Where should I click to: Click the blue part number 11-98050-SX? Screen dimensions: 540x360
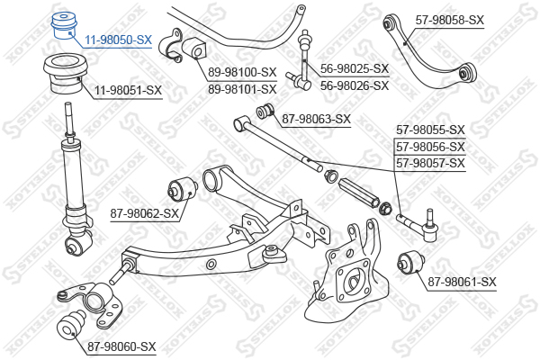(x=118, y=40)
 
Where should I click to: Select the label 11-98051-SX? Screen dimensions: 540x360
(x=128, y=90)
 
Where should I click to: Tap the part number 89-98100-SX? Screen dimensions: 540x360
(x=242, y=72)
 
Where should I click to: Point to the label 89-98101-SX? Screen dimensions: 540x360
(x=242, y=90)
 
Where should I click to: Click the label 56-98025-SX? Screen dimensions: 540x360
(x=355, y=68)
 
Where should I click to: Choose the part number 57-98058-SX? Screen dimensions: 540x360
(x=449, y=20)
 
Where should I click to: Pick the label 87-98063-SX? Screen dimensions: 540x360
(x=316, y=119)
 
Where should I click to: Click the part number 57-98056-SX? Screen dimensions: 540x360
(x=430, y=147)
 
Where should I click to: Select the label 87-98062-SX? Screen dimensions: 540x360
(x=144, y=213)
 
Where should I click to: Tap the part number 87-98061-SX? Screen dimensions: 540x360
(x=462, y=282)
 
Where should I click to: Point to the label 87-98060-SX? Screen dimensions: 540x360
(x=121, y=346)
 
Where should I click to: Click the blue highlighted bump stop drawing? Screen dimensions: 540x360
(x=64, y=26)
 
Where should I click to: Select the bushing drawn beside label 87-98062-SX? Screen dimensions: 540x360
(x=183, y=189)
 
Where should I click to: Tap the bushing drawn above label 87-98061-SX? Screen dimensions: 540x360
(x=411, y=262)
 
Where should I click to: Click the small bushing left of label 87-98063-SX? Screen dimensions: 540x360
(x=265, y=110)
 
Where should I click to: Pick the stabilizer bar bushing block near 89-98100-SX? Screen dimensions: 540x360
(x=193, y=49)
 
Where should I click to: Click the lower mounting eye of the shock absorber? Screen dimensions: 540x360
(x=78, y=244)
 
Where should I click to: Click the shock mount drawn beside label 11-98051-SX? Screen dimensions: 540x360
(x=65, y=74)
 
